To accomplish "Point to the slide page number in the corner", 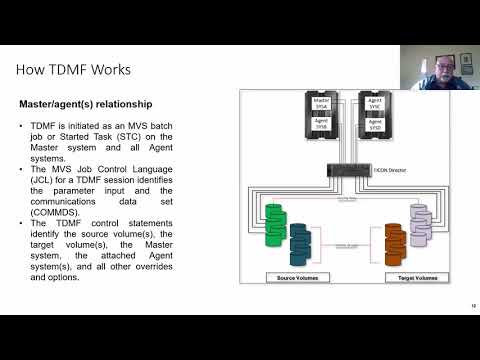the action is pyautogui.click(x=471, y=307).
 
